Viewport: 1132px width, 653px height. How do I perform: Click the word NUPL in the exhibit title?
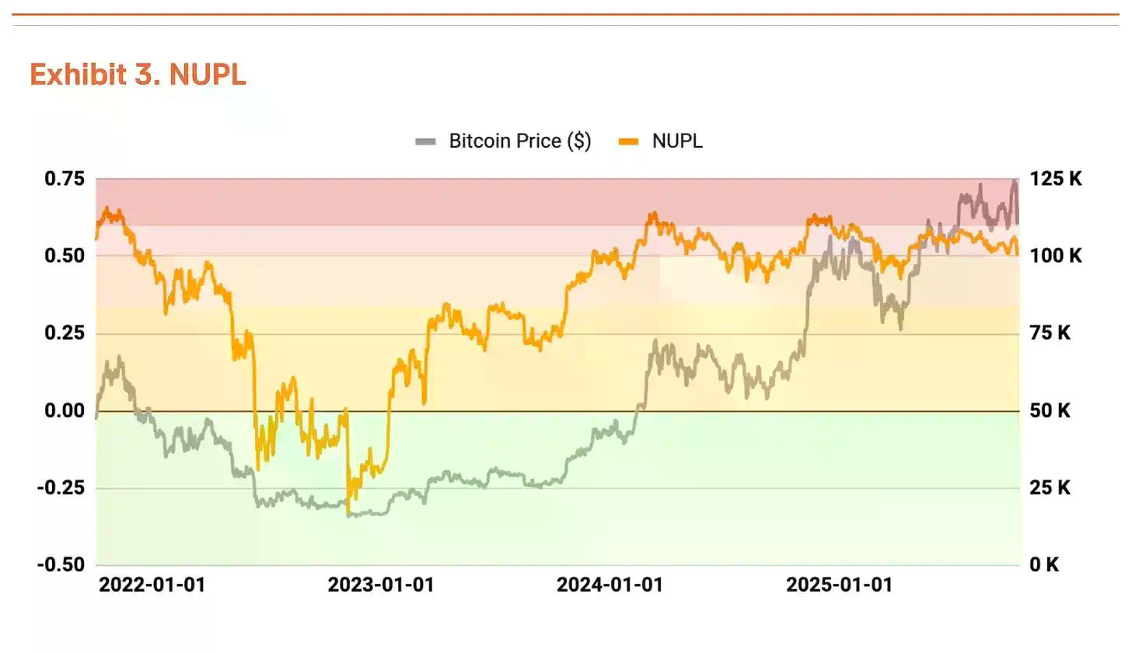tap(207, 75)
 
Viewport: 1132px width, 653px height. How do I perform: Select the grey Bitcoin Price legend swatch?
tap(425, 141)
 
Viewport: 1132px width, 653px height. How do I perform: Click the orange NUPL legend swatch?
tap(628, 141)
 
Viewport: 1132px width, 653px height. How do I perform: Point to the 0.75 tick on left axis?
tap(64, 179)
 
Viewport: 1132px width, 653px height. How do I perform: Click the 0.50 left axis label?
tap(64, 256)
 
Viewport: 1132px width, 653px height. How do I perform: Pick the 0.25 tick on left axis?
tap(64, 333)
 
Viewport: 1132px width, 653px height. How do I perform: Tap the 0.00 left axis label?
tap(64, 410)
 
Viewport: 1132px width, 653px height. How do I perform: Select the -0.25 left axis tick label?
tap(61, 487)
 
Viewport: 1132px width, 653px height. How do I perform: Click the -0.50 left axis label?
tap(61, 564)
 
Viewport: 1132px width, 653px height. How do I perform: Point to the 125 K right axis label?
tap(1056, 179)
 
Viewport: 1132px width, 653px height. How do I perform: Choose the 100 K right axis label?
tap(1056, 256)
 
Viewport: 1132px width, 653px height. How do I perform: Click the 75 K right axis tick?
tap(1050, 333)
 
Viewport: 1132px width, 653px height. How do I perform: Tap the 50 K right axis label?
tap(1050, 410)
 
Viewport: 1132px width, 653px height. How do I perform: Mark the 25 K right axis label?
tap(1050, 487)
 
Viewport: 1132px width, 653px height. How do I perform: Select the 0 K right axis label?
tap(1044, 564)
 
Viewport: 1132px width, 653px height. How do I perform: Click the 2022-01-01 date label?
tap(152, 585)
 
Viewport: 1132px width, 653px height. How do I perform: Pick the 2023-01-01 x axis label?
tap(381, 585)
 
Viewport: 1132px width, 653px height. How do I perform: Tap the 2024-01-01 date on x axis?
tap(610, 585)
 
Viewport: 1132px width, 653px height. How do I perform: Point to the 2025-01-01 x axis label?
tap(840, 585)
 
